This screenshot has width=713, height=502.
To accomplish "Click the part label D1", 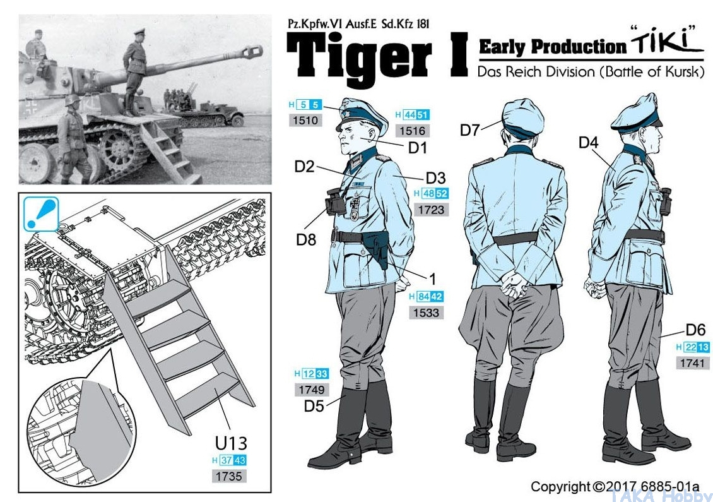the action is point(418,148).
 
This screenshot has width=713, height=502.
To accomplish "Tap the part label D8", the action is point(305,239).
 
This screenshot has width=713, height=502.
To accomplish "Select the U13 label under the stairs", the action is point(230,443).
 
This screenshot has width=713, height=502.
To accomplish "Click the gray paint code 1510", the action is point(305,120).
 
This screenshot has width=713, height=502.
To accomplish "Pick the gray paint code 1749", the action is point(312,389).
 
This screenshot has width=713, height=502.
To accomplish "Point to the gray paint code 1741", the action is point(692,363).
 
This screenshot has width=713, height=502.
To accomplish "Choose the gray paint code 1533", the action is point(426,313).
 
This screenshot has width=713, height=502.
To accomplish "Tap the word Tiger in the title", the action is point(359,57).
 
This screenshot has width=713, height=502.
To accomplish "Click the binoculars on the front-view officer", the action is point(335,201).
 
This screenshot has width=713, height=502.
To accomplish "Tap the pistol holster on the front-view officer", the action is point(377,248).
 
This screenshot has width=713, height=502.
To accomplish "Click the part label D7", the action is point(469,130).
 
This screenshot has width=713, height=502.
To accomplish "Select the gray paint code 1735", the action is point(228,477).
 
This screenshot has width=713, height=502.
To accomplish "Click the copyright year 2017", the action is point(624,486).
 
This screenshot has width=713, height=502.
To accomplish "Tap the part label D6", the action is point(695,330).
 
